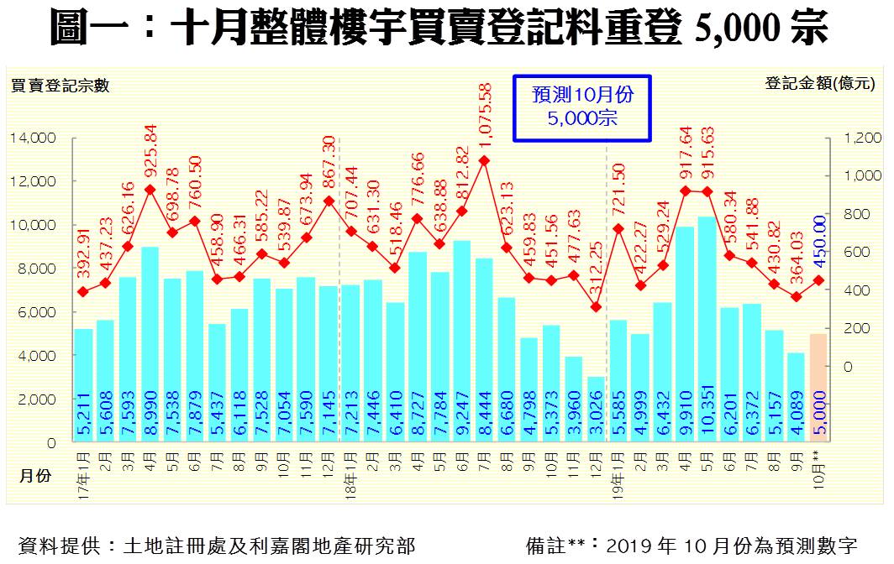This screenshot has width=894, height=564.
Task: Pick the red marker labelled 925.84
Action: (151, 190)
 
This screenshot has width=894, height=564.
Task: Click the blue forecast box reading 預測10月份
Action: (582, 106)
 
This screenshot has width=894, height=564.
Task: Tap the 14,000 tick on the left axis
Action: (34, 138)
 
